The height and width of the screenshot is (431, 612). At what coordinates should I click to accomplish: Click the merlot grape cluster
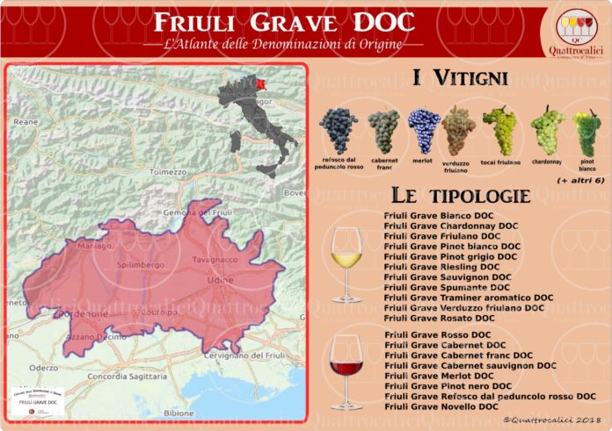point(424,130)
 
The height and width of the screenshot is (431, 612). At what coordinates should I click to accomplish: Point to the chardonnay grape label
point(548,162)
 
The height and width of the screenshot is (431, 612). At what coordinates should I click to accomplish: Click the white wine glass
point(346,264)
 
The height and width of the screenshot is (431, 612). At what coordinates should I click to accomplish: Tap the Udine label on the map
point(217,279)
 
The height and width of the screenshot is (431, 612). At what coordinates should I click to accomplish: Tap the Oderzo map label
point(43,368)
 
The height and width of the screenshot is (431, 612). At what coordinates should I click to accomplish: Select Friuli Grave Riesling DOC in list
point(441,267)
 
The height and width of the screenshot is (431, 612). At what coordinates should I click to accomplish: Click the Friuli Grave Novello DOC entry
point(441,407)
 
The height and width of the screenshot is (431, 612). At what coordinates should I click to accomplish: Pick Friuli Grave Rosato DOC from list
point(439,319)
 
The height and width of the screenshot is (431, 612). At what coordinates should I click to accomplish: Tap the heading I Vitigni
point(460,79)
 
